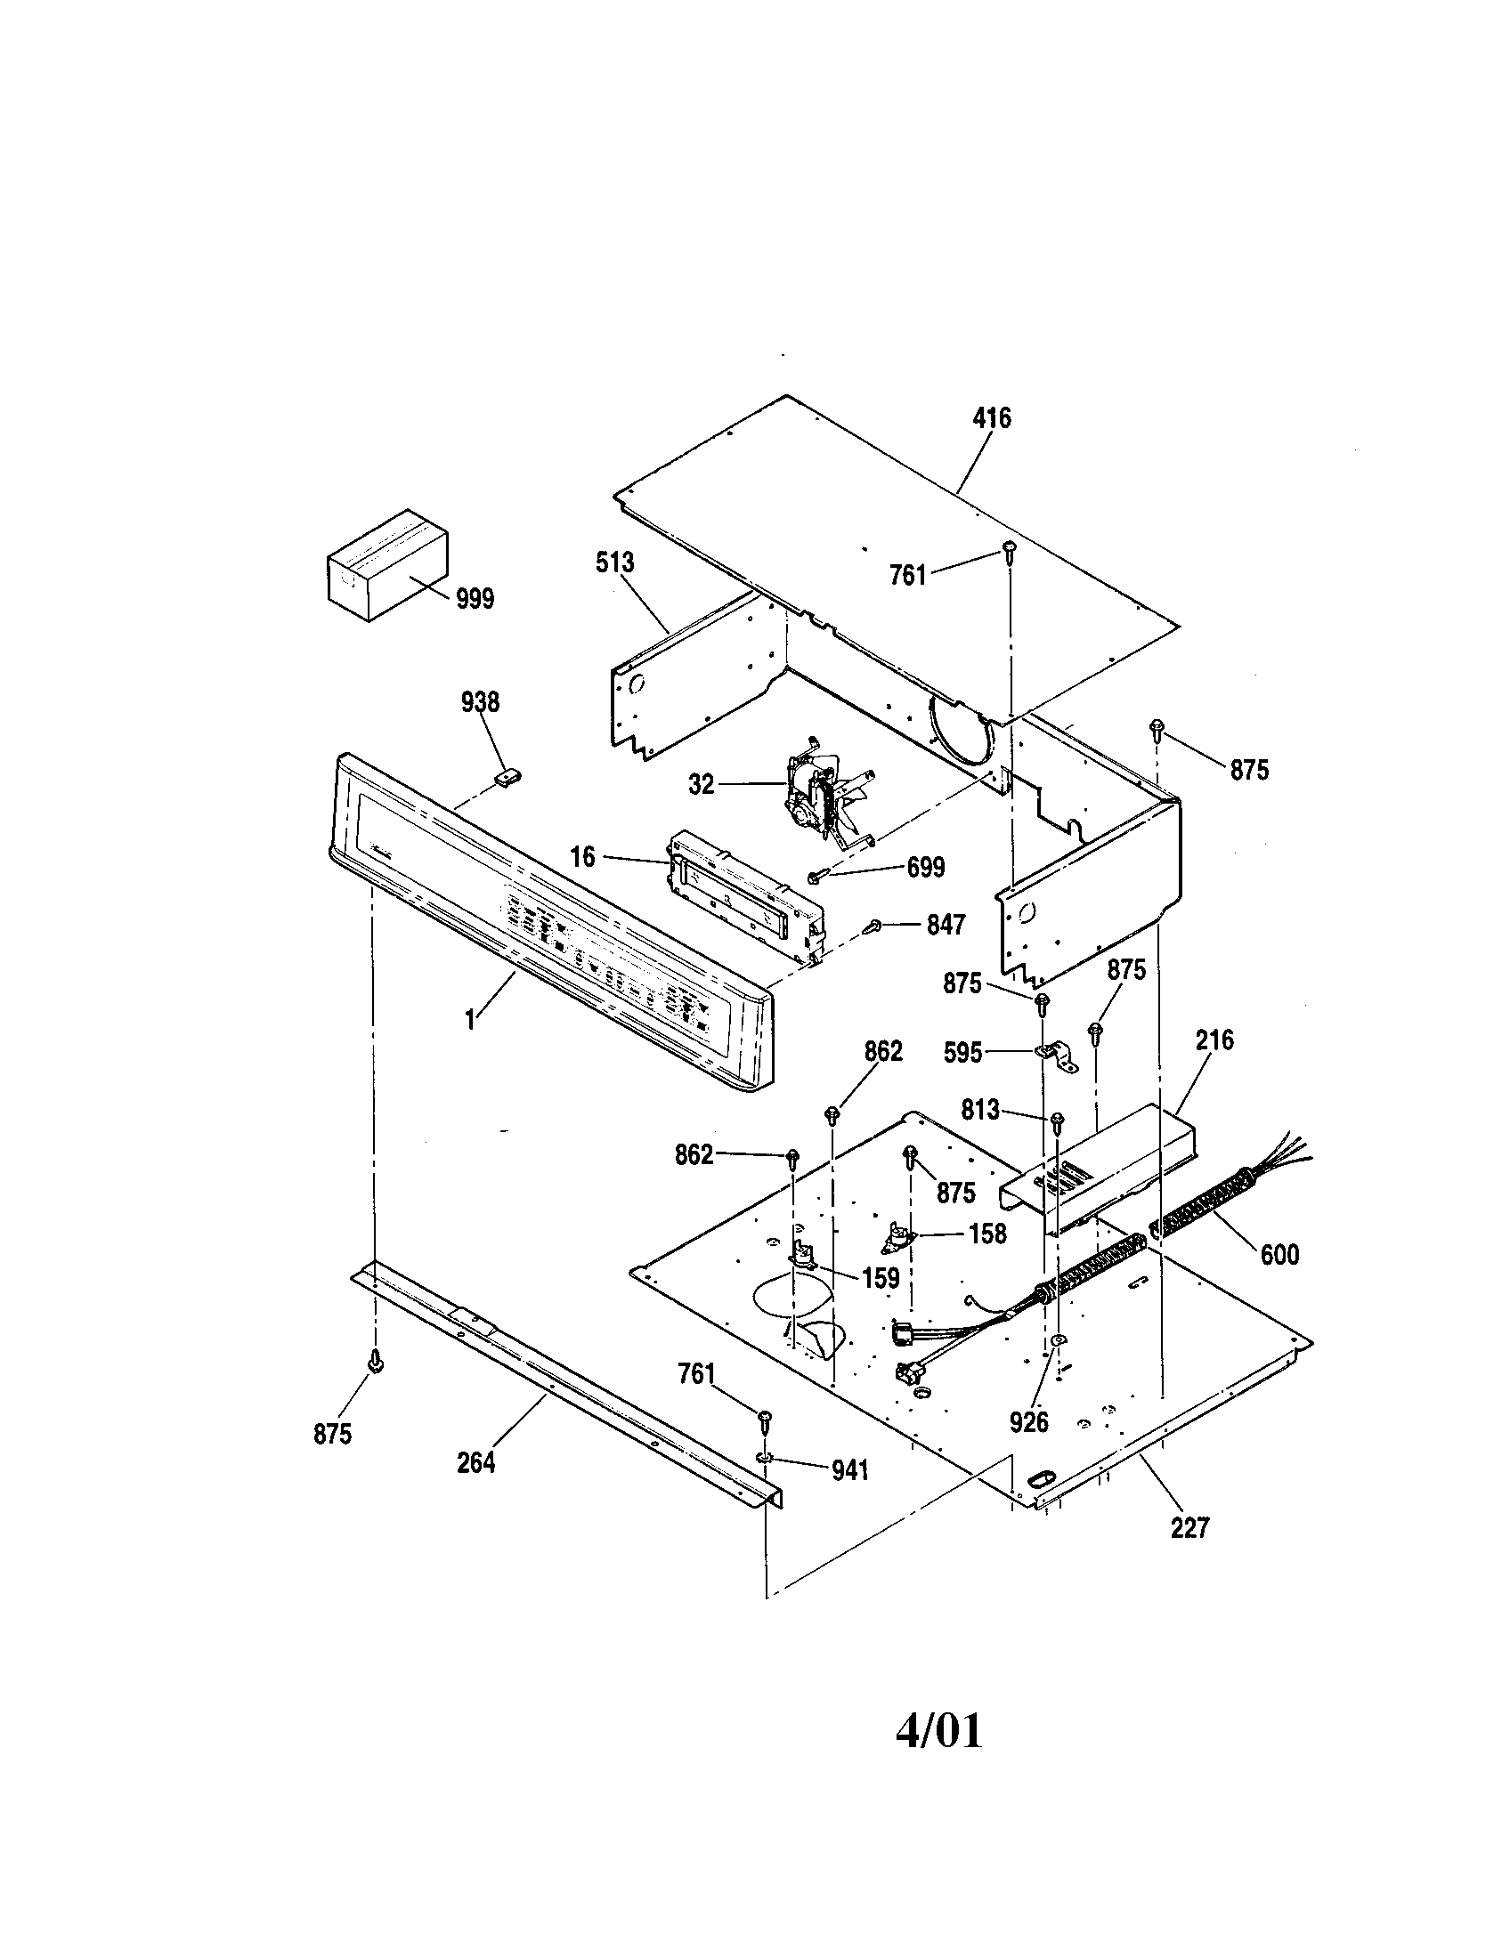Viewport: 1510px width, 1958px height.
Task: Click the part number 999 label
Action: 475,599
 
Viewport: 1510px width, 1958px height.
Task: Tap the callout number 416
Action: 991,417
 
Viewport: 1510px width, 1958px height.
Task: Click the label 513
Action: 614,563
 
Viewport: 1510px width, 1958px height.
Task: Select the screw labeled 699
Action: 817,876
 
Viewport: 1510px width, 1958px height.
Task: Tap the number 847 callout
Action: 946,926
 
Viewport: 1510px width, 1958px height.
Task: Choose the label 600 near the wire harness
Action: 1279,1254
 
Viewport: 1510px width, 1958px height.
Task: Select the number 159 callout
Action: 880,1278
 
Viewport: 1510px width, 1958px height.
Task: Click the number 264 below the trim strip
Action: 475,1462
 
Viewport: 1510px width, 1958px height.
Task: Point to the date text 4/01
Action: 938,1730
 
